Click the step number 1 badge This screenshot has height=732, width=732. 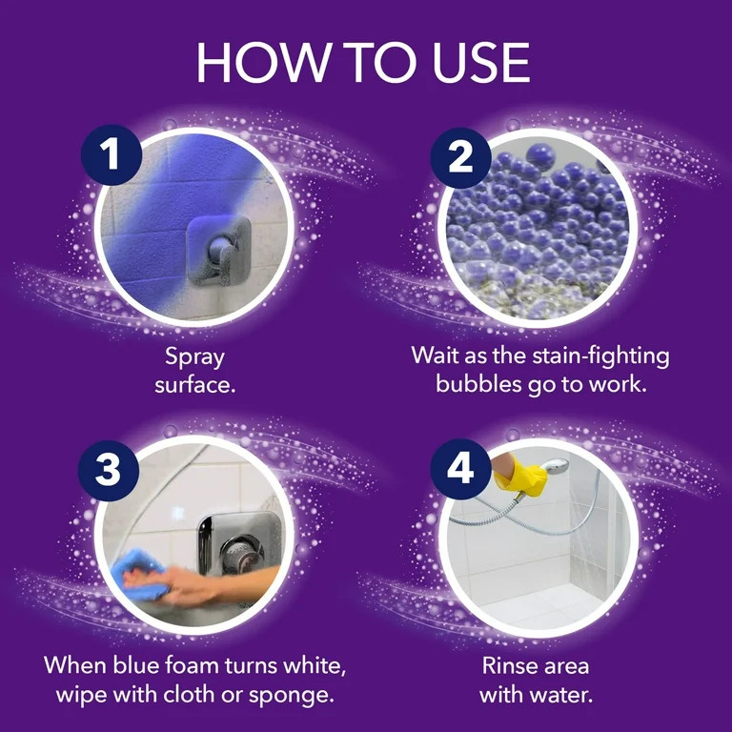click(x=112, y=155)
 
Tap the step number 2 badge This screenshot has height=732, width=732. click(x=461, y=155)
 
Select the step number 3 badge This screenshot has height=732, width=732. click(x=112, y=469)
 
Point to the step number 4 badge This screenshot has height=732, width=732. click(x=461, y=469)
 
